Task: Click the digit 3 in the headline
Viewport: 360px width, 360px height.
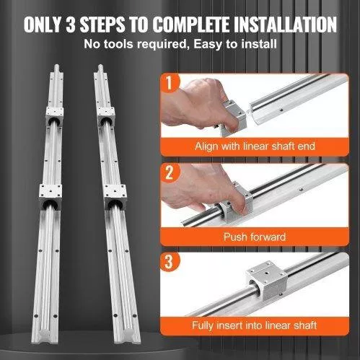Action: pos(71,25)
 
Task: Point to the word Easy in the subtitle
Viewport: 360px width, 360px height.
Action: pos(208,45)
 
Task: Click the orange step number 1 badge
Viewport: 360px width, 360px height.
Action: pos(170,82)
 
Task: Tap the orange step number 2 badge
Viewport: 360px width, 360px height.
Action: pos(170,172)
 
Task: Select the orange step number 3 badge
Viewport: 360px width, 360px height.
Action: pos(170,262)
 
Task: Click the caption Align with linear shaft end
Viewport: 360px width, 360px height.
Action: pos(255,146)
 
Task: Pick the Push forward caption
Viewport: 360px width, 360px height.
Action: pos(255,237)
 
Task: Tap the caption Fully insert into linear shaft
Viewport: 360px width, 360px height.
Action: pos(255,325)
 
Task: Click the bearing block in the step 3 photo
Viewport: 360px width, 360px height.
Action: pos(267,280)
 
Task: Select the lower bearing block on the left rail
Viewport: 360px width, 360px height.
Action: pos(51,197)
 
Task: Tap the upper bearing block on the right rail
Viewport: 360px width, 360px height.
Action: pos(106,117)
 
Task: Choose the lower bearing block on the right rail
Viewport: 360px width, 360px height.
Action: pos(115,197)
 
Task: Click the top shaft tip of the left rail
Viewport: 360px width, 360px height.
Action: pos(58,66)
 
